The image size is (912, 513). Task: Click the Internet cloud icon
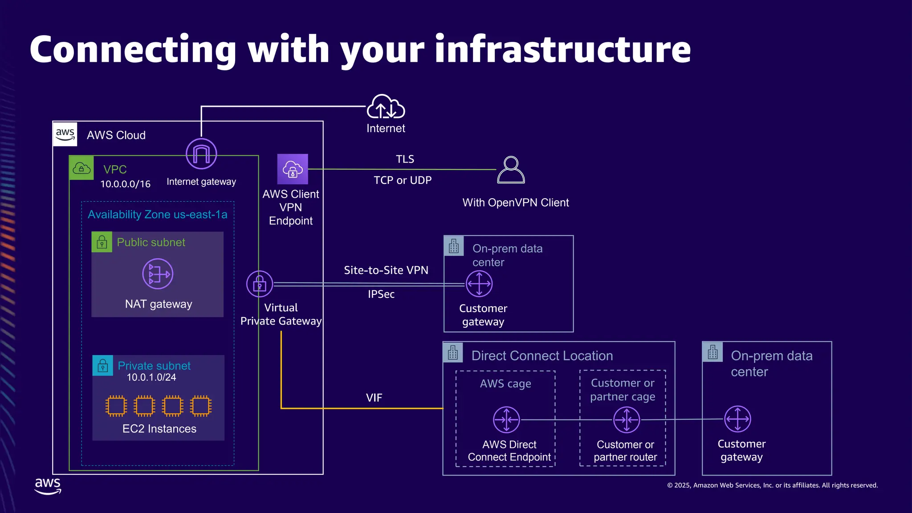pos(386,106)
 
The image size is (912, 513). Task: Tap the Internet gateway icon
pos(201,154)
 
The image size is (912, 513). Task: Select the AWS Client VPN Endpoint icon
pos(293,169)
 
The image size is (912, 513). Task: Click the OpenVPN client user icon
pos(511,170)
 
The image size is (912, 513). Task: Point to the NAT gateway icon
pos(158,274)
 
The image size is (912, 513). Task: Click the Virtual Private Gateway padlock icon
pos(260,284)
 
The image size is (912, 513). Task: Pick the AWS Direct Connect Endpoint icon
pos(506,419)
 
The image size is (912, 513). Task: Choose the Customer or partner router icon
pos(627,419)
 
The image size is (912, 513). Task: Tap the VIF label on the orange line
pos(374,398)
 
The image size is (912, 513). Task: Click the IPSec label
pos(381,294)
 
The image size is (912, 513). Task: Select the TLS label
pos(405,159)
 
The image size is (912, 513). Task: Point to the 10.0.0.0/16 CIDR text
pos(125,184)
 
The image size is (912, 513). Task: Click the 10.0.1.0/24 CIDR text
pos(151,377)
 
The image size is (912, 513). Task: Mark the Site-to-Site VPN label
pos(386,270)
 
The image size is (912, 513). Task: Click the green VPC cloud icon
pos(81,168)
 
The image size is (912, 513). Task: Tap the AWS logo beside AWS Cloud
pos(65,134)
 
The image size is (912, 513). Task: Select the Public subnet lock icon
pos(102,242)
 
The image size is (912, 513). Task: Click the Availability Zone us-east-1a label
pos(158,215)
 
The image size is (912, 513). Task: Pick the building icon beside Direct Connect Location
pos(453,352)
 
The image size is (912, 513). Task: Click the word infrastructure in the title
pos(563,49)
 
